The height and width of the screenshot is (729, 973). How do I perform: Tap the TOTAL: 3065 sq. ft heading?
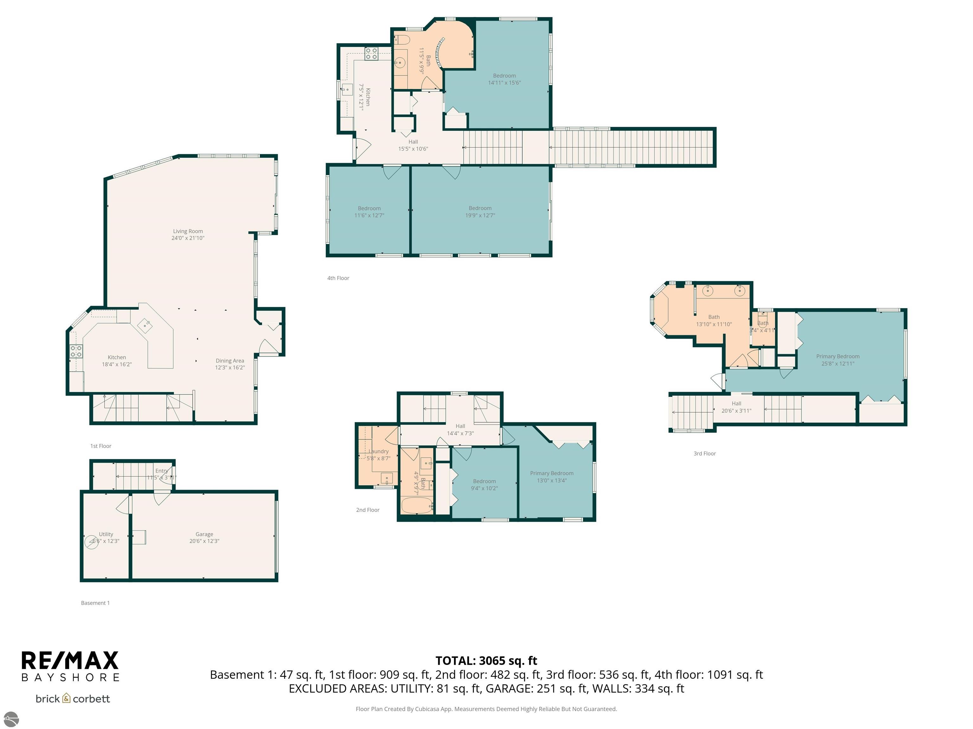click(x=486, y=660)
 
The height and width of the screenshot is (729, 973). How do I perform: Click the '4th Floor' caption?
click(x=338, y=278)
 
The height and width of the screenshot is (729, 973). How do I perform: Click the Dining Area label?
click(x=230, y=361)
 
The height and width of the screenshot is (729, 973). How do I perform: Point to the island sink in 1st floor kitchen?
click(x=145, y=326)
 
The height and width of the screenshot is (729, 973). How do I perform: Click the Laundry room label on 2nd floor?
click(x=378, y=451)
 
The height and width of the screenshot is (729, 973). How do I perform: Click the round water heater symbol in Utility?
click(x=92, y=541)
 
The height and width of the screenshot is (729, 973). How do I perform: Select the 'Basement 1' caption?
click(x=95, y=603)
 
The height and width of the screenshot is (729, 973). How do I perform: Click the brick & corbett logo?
click(x=73, y=699)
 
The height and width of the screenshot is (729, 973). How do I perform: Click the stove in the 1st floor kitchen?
click(x=76, y=351)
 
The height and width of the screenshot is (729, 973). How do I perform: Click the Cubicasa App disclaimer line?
click(x=486, y=709)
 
